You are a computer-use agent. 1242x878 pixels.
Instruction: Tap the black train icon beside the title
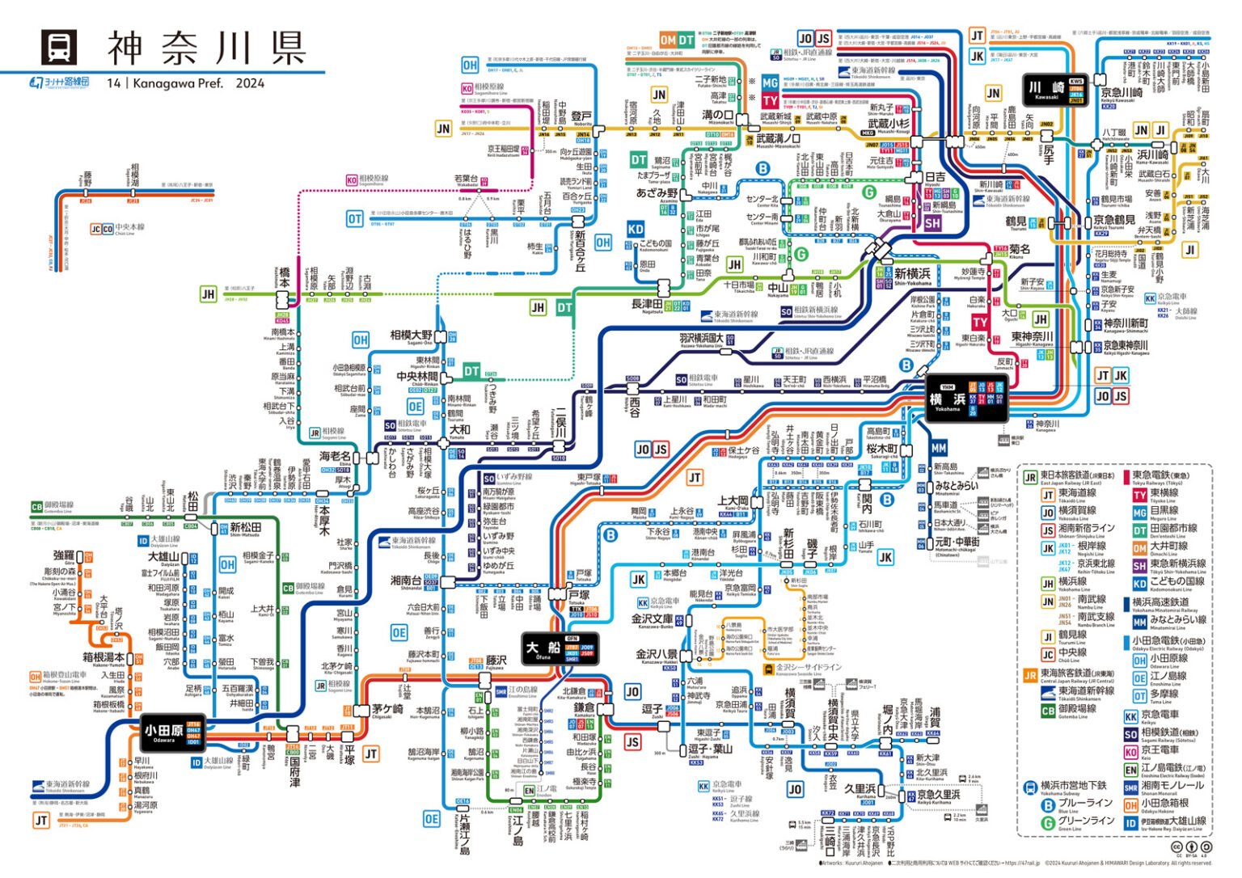pyautogui.click(x=59, y=47)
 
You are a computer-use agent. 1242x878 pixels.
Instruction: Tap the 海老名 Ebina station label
pyautogui.click(x=336, y=457)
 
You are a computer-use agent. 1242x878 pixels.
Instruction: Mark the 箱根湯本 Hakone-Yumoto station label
pyautogui.click(x=103, y=657)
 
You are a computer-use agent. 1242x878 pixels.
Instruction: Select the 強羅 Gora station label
pyautogui.click(x=64, y=556)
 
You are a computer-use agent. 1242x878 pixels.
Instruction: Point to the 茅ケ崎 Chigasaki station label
pyautogui.click(x=387, y=709)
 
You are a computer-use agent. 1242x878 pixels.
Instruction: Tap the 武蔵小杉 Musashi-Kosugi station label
pyautogui.click(x=889, y=125)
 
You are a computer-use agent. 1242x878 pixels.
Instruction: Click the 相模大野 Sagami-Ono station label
pyautogui.click(x=412, y=336)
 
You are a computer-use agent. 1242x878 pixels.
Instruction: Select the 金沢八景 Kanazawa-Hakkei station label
pyautogui.click(x=657, y=655)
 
